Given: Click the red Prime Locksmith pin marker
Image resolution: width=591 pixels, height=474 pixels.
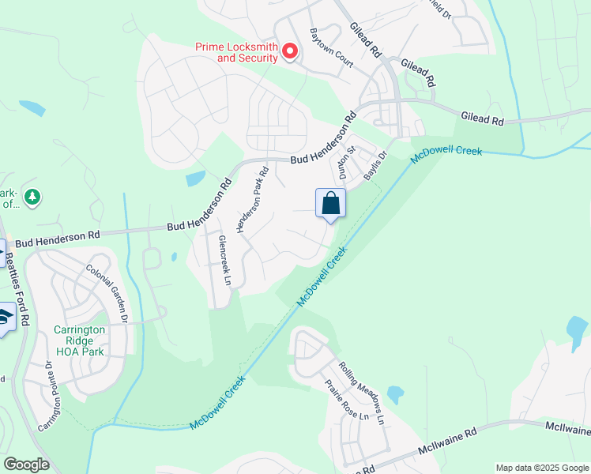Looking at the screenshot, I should point(289,52).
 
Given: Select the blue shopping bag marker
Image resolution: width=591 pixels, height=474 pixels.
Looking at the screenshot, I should point(331,204).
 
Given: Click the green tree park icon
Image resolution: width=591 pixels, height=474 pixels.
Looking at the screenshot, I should point(32,197).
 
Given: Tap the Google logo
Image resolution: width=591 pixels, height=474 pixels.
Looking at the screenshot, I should point(26,465).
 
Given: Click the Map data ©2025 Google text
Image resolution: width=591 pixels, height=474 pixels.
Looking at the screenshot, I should point(541,468).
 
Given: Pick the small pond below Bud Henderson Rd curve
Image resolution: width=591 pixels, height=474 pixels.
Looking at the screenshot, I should point(195,179).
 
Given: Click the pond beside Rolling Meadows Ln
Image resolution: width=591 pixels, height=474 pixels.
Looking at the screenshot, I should point(396,393).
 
